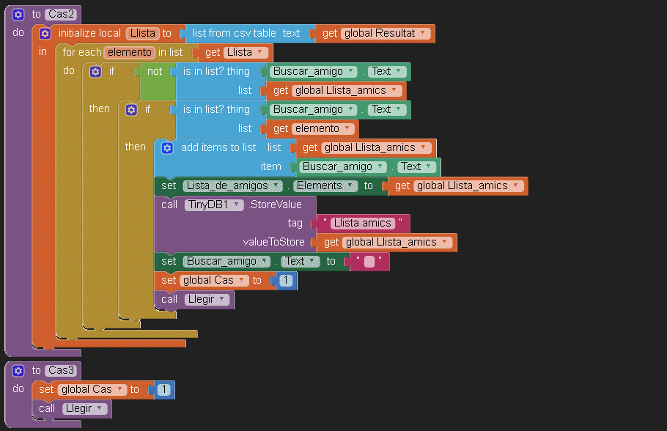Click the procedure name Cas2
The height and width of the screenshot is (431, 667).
pos(62,14)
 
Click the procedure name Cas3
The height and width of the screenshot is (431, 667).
pos(62,370)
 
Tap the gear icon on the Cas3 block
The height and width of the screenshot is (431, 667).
pos(18,370)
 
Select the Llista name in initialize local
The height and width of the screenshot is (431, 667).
pos(142,33)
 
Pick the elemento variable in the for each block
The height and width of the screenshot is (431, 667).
pos(130,52)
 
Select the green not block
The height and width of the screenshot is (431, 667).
pos(155,72)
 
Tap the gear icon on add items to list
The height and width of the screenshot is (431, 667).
pos(166,147)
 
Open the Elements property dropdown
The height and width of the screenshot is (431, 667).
pos(326,185)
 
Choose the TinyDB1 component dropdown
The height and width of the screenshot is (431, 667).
pos(214,205)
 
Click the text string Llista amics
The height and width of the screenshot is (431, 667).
pos(363,223)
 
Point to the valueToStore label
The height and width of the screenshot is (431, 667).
pos(273,242)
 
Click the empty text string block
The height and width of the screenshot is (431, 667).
pos(369,261)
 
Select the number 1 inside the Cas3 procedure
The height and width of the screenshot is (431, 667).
pos(164,390)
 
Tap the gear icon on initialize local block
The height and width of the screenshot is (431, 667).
pos(45,33)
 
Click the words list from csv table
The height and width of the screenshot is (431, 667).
pos(235,33)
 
